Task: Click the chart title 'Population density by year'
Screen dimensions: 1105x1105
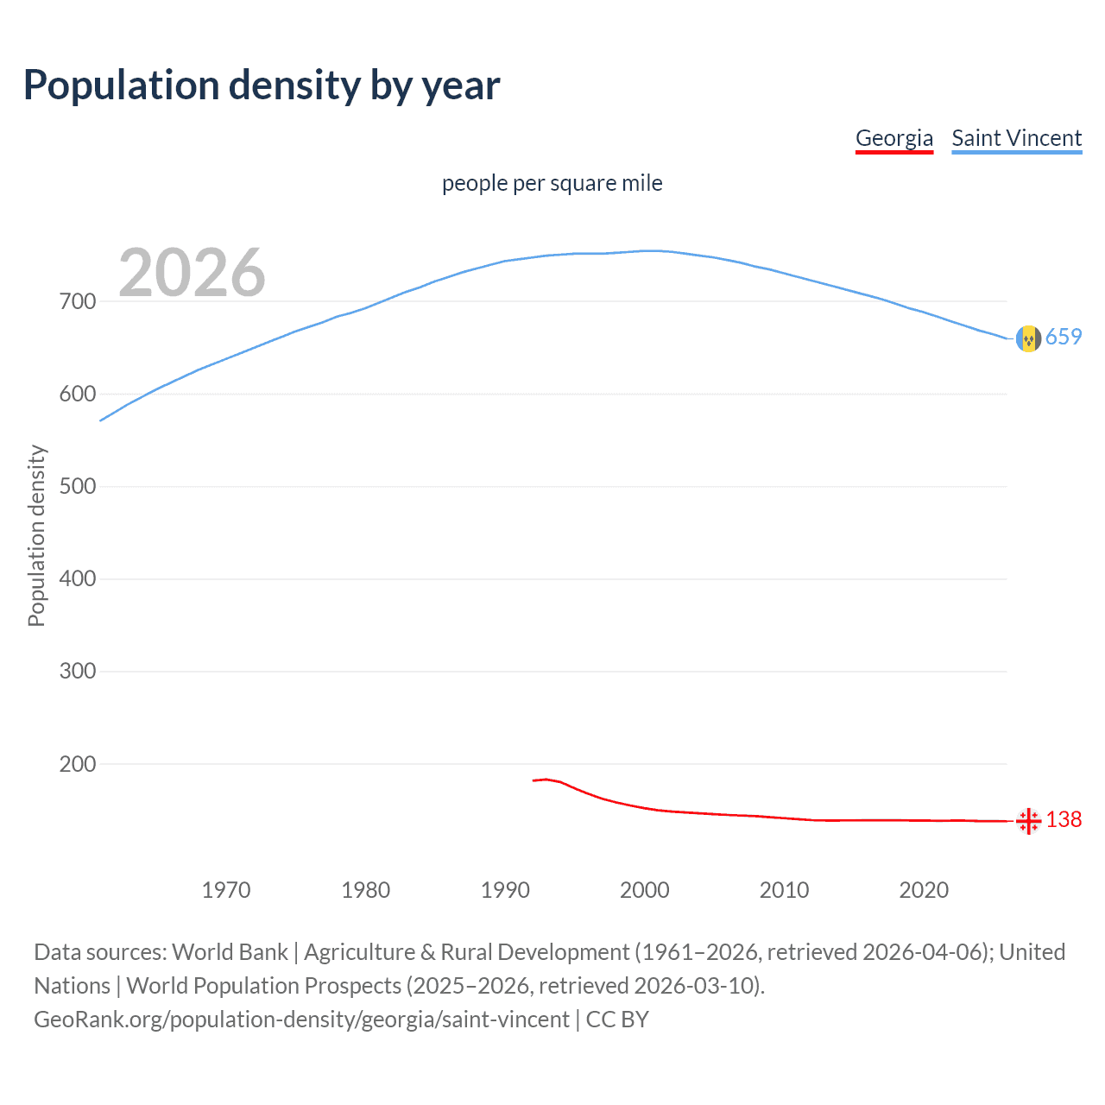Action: [x=262, y=85]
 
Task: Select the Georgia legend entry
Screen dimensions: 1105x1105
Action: [x=893, y=138]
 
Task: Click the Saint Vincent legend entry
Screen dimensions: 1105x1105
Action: [x=1016, y=138]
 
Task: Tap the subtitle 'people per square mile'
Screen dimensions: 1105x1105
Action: [x=552, y=183]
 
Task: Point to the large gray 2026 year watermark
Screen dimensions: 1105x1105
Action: [x=192, y=273]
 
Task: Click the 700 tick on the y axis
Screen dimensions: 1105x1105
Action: [x=78, y=301]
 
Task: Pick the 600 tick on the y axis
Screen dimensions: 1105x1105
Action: [x=78, y=394]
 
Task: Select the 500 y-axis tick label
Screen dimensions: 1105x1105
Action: [x=78, y=486]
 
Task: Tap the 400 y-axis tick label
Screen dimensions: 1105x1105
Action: [x=78, y=578]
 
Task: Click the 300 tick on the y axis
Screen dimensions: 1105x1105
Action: [x=78, y=671]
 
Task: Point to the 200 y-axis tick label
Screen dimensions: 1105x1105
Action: [x=78, y=764]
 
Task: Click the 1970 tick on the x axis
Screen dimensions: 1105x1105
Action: [x=226, y=890]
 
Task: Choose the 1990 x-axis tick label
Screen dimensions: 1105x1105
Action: [x=505, y=890]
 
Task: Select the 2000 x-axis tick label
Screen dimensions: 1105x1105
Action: [x=645, y=890]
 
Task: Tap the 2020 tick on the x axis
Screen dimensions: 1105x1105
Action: [x=924, y=890]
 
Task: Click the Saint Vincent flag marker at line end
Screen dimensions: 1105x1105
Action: [x=1028, y=338]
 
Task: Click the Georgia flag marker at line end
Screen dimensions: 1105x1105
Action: [x=1028, y=821]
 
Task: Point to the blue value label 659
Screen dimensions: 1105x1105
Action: [x=1064, y=337]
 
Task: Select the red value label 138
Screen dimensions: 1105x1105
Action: [x=1064, y=819]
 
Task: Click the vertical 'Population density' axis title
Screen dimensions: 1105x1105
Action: [x=36, y=535]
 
